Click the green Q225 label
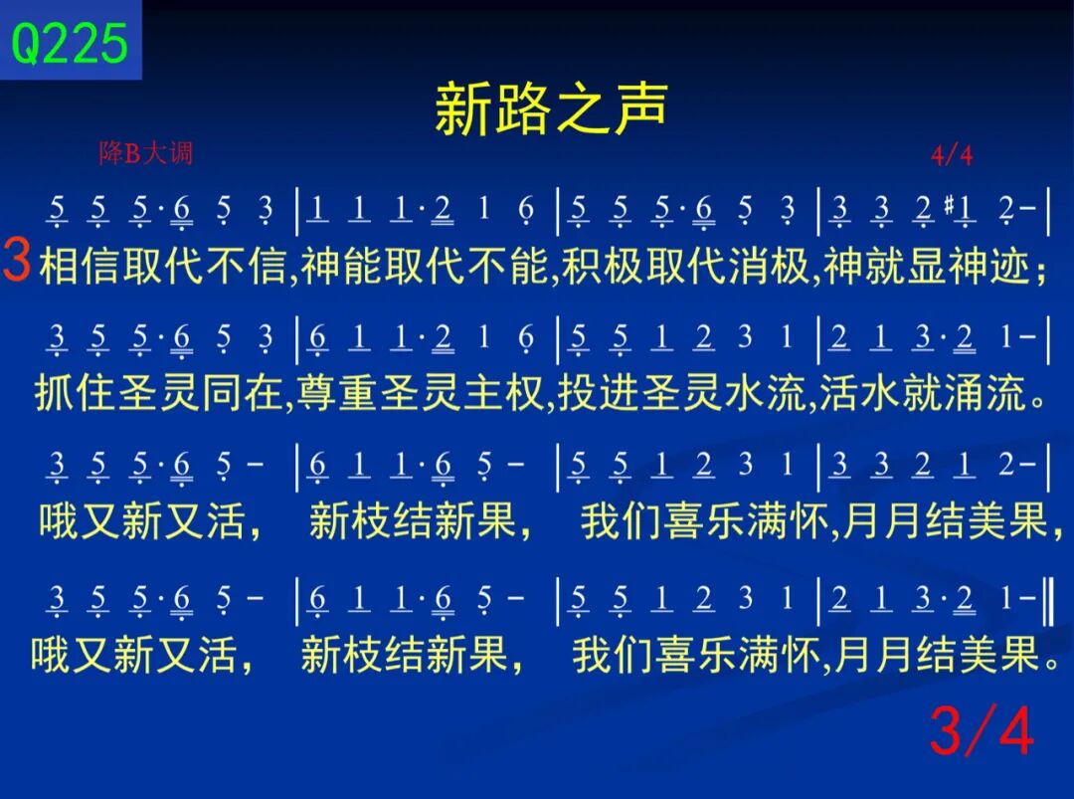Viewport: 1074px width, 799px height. (70, 43)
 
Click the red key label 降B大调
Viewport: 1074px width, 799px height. (146, 153)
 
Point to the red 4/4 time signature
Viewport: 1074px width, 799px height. (952, 155)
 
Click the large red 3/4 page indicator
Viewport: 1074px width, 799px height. (982, 732)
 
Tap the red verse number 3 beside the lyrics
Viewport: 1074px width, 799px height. (17, 260)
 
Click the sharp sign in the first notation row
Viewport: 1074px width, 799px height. (949, 203)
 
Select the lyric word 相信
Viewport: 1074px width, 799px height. (81, 266)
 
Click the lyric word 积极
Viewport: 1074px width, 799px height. (602, 266)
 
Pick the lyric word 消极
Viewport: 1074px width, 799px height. (769, 266)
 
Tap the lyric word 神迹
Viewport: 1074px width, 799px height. (989, 266)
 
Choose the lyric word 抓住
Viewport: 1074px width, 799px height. (76, 393)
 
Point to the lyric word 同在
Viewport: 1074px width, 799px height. (243, 393)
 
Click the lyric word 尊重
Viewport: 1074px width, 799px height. (338, 393)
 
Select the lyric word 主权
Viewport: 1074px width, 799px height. (504, 393)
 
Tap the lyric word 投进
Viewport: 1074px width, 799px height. (599, 393)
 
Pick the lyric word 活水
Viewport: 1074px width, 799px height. (860, 393)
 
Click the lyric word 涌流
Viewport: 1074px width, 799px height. (985, 393)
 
